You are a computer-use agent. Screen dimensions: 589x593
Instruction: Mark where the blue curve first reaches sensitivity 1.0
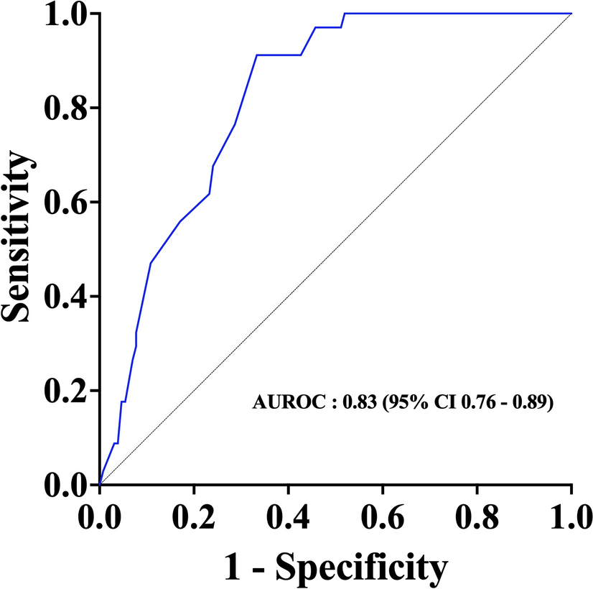[x=345, y=13]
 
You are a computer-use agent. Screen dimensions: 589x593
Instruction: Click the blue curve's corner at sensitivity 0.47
[x=151, y=263]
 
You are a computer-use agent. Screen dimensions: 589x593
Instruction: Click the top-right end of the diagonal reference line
[x=571, y=13]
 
